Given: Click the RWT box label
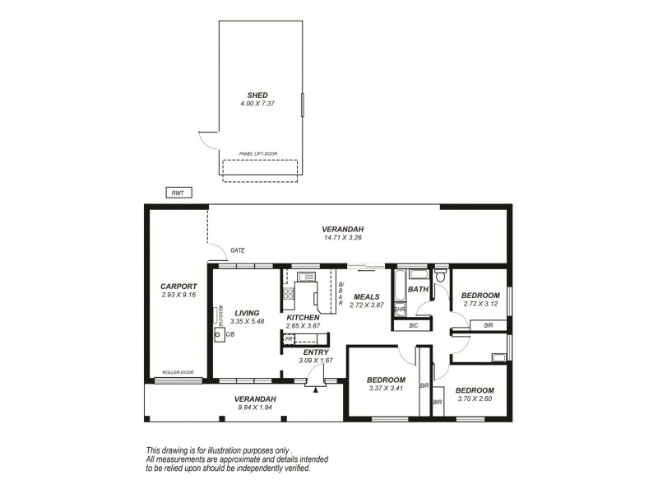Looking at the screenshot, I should click(177, 193).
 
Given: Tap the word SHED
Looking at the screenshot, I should click(258, 95).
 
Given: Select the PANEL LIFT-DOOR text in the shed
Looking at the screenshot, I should click(257, 154).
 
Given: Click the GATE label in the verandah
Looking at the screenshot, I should click(238, 250).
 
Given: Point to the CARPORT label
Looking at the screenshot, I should click(177, 286).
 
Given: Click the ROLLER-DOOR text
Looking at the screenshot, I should click(177, 372).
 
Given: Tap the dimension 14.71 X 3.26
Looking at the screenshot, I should click(343, 237).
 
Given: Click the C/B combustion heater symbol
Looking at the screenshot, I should click(219, 335).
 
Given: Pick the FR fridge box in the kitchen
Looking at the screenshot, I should click(288, 338).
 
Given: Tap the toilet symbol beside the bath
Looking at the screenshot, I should click(441, 278).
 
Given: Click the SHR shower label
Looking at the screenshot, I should click(399, 310).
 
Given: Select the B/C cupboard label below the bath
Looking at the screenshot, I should click(415, 325).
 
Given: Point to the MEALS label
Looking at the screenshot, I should click(366, 296).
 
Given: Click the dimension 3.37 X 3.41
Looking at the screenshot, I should click(387, 389).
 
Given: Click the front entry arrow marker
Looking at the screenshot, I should click(315, 388).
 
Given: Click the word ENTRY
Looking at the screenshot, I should click(315, 352).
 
